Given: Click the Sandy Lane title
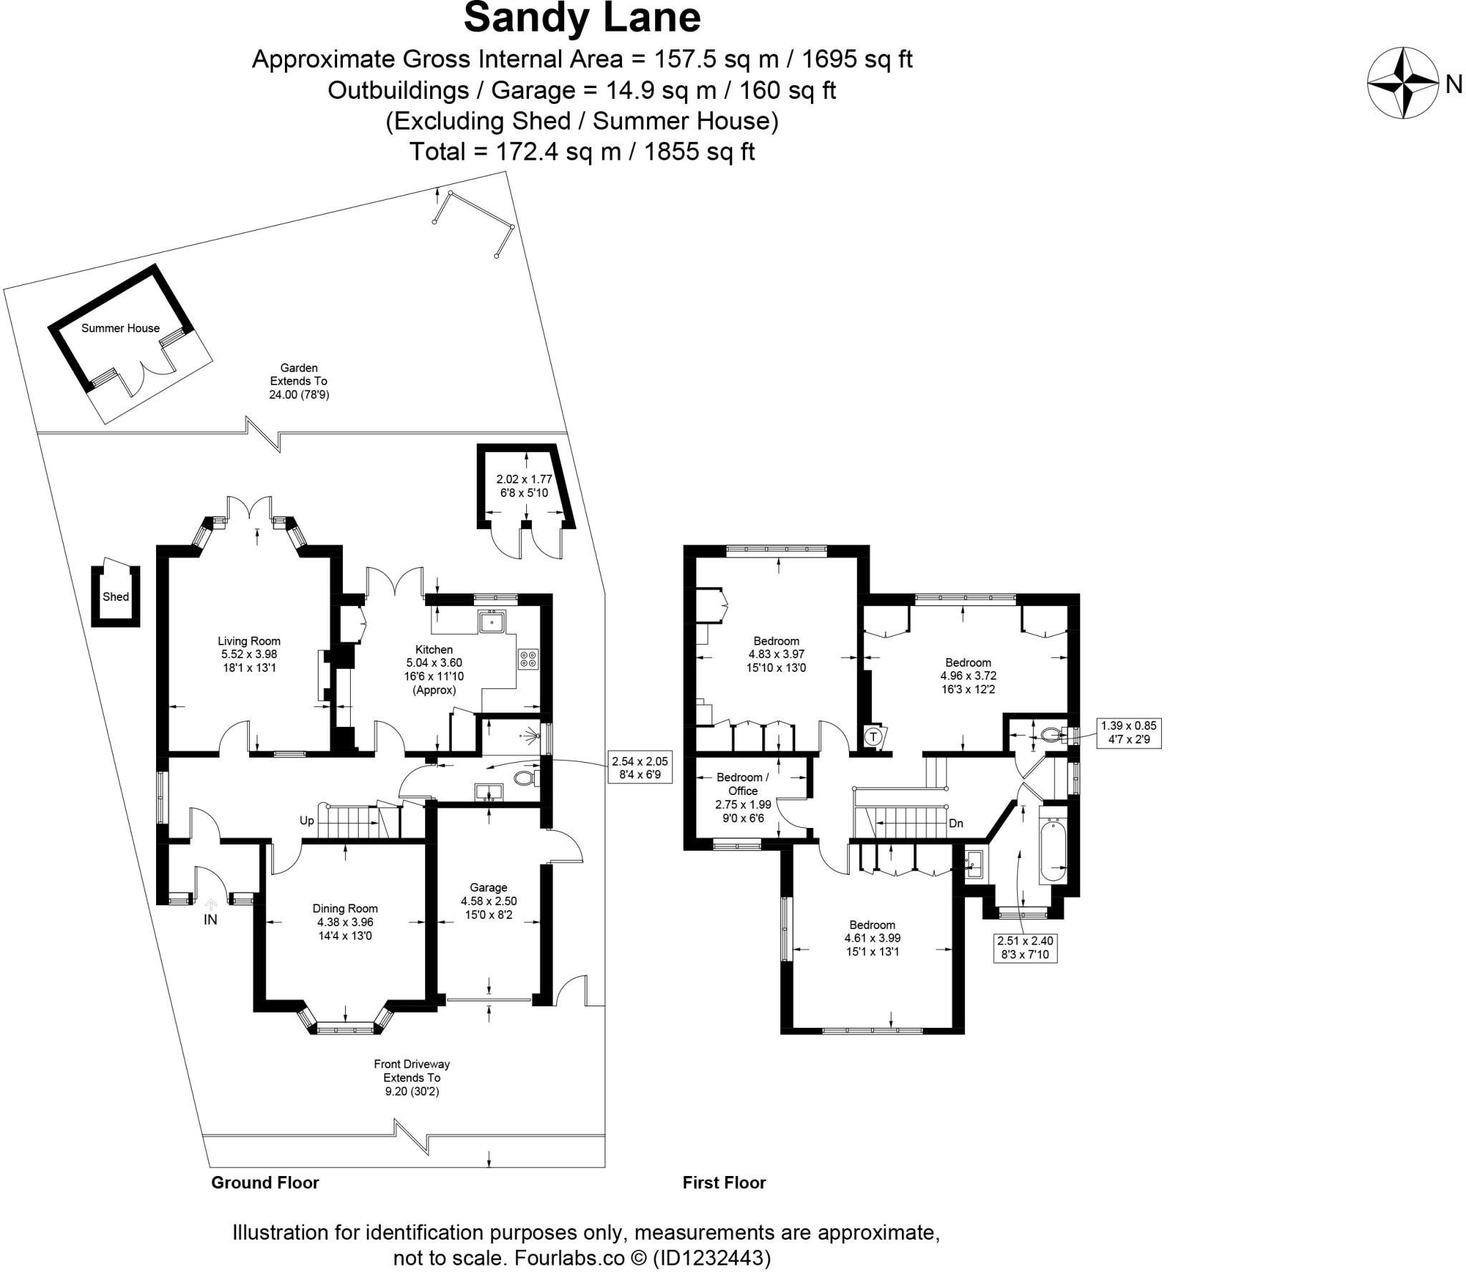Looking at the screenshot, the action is click(x=582, y=19).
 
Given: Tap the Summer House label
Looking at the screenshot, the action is click(x=120, y=328).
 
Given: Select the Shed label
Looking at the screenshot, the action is click(x=115, y=597).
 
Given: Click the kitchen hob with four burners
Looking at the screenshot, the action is click(x=528, y=658).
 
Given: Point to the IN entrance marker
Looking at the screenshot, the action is click(x=210, y=920).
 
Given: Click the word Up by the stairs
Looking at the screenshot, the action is click(x=306, y=821).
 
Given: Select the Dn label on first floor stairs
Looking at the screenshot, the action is click(x=956, y=824).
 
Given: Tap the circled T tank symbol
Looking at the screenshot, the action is click(x=873, y=736).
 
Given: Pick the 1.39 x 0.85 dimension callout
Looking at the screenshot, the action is click(x=1129, y=732).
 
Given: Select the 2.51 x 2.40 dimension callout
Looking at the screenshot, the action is click(x=1025, y=947).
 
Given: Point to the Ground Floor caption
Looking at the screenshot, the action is click(x=265, y=1182).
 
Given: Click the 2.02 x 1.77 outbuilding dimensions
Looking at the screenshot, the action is click(x=524, y=486).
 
